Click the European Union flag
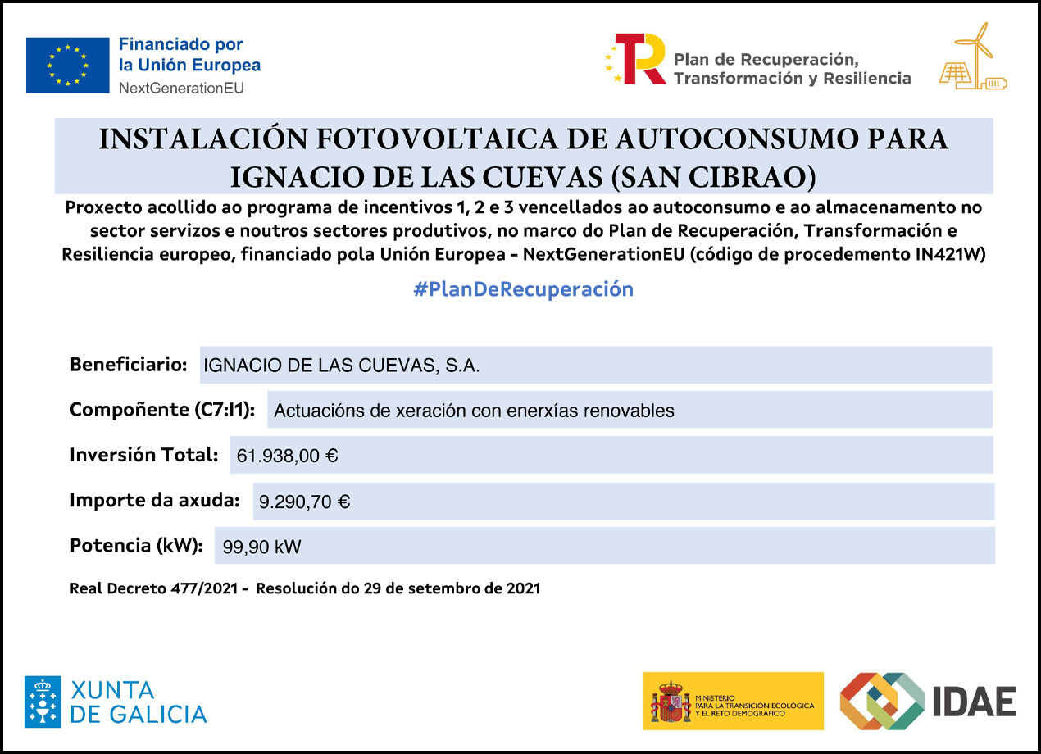[x=67, y=65]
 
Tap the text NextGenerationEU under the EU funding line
[x=180, y=87]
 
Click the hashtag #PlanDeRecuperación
[x=524, y=289]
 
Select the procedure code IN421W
[x=950, y=254]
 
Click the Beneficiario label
[x=129, y=365]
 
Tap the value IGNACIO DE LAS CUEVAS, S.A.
[x=341, y=366]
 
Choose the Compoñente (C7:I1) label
[x=162, y=409]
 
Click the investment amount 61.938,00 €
[x=287, y=456]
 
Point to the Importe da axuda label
[x=154, y=499]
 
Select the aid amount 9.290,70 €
[x=304, y=502]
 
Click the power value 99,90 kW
[x=261, y=547]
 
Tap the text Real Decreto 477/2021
[x=155, y=588]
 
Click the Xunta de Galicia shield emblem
[x=42, y=702]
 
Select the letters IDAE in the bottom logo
[x=975, y=702]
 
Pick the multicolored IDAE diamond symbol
[x=881, y=701]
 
